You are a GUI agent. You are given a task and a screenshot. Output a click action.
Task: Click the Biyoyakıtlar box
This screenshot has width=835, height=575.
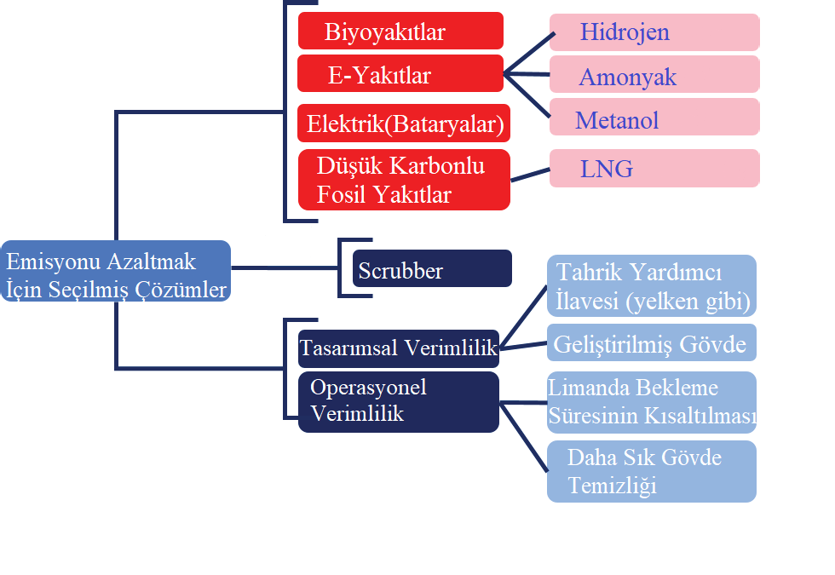click(x=400, y=31)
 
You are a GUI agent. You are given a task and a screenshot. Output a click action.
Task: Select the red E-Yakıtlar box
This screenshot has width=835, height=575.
click(x=400, y=73)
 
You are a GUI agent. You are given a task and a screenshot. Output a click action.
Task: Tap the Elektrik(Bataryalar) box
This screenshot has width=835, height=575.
click(x=404, y=124)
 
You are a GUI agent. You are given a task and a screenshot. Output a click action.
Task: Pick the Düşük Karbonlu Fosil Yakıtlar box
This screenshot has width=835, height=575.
click(x=404, y=180)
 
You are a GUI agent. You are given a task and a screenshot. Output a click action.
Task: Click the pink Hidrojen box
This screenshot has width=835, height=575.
click(x=654, y=32)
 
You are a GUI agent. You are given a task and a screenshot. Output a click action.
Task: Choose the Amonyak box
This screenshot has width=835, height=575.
click(x=654, y=75)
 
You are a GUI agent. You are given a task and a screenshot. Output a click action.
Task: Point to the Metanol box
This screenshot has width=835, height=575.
click(x=654, y=118)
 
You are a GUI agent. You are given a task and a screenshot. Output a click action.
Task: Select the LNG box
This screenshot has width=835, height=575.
click(x=654, y=168)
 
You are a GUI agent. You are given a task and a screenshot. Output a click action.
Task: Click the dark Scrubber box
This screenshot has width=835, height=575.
click(x=432, y=268)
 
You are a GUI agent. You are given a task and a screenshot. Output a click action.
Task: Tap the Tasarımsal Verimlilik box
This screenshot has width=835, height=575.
click(x=398, y=348)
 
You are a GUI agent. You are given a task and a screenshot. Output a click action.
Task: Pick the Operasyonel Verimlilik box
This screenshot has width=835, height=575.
click(x=398, y=401)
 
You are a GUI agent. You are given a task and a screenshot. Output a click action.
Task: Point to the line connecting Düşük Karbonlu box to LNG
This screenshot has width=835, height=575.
click(x=530, y=174)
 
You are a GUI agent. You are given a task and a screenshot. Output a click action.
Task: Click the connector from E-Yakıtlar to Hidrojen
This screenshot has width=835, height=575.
click(x=528, y=53)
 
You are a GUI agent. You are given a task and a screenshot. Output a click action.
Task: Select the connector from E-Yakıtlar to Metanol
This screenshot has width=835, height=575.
click(x=527, y=95)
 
